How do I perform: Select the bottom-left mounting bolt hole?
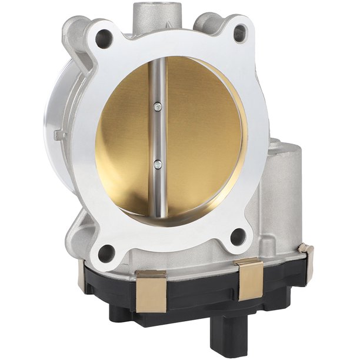[106, 255]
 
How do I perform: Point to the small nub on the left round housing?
[58, 136]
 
